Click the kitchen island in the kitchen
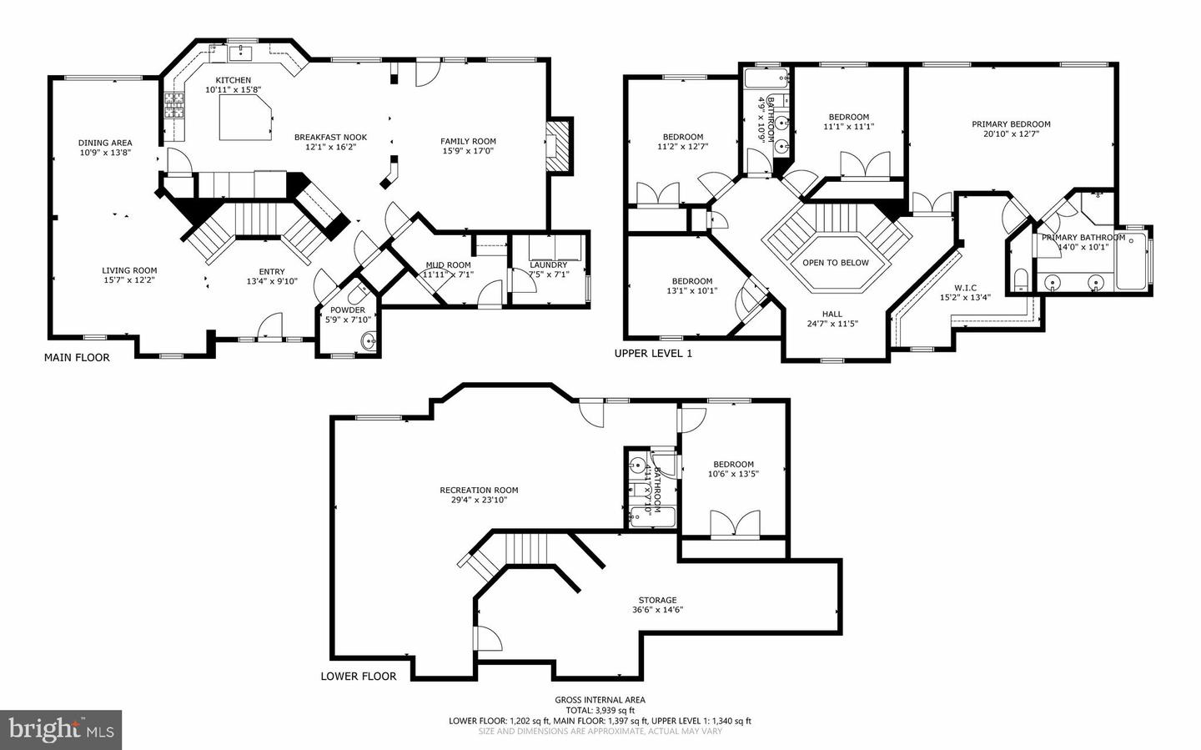click(245, 117)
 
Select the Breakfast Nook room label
click(330, 138)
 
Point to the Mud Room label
click(447, 265)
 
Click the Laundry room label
click(548, 265)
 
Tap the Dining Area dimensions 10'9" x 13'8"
click(105, 153)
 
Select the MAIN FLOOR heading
click(77, 357)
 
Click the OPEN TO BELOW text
click(835, 263)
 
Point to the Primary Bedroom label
click(1011, 124)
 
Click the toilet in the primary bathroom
click(1020, 277)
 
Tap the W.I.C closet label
click(965, 288)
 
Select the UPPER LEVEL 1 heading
click(653, 353)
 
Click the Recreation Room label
click(479, 491)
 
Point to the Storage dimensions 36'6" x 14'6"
click(657, 610)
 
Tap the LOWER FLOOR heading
click(359, 676)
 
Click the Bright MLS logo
click(61, 730)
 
